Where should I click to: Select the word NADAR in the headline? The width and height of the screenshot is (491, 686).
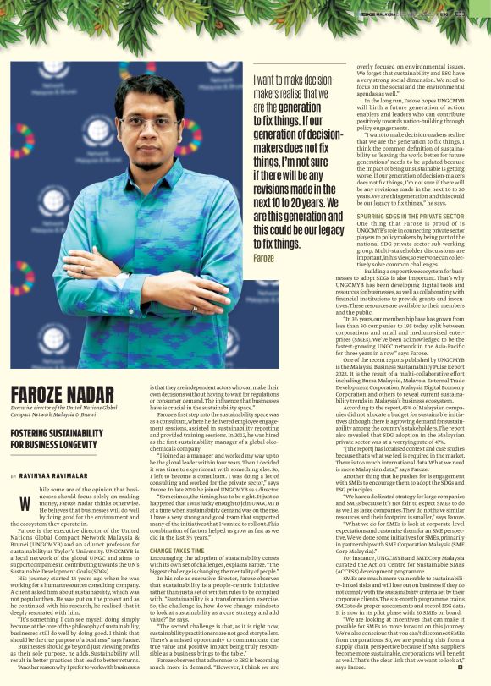[91, 395]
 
